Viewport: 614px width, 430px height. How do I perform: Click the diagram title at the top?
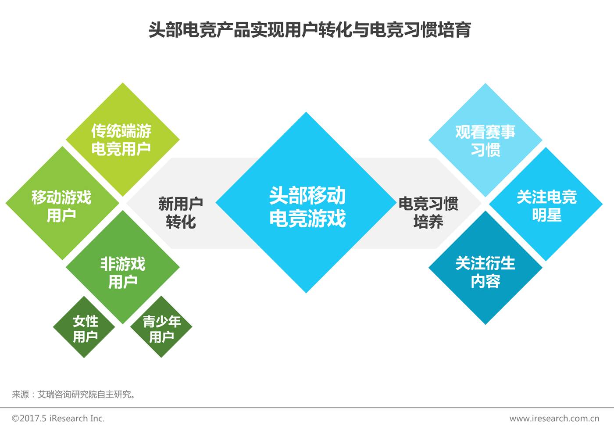pos(309,30)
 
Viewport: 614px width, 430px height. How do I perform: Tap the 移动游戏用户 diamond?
pos(62,204)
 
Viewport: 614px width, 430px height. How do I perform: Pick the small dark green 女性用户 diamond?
pos(85,328)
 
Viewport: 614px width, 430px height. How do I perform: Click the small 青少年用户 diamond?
pos(161,328)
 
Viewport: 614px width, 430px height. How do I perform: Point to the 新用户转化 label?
pos(180,212)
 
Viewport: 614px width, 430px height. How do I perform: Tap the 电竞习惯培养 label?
pos(428,212)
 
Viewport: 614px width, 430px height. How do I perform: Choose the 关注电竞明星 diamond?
pos(546,204)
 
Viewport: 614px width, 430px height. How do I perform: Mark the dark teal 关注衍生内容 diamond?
pos(485,271)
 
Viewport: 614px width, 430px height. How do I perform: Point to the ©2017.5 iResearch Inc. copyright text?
pos(58,418)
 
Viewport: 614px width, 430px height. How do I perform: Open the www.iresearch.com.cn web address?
pos(554,418)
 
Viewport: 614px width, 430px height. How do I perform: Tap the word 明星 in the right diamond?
pos(546,215)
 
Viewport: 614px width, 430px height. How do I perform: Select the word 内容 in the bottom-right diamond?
pos(485,281)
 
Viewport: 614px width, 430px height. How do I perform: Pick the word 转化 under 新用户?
pos(181,222)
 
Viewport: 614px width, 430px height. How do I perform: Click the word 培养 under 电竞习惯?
pos(428,222)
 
